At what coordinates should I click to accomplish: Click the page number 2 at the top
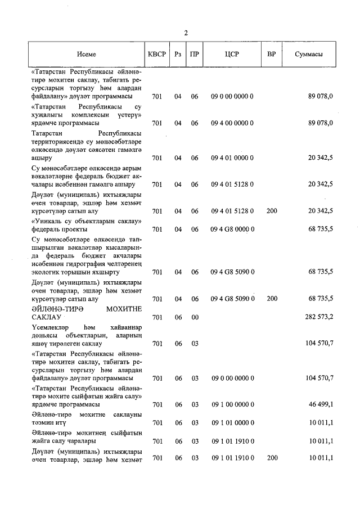[186, 32]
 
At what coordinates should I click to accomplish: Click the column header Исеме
[87, 55]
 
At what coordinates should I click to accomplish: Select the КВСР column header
[157, 55]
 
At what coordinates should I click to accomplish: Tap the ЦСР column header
[232, 55]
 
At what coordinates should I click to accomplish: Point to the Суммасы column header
[309, 55]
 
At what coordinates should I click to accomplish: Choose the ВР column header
[272, 55]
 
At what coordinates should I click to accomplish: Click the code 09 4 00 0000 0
[232, 123]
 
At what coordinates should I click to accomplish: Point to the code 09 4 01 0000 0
[232, 158]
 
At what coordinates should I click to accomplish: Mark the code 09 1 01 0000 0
[232, 422]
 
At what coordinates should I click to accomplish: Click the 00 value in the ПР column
[195, 317]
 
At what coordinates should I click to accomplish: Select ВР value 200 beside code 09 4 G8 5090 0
[272, 299]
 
